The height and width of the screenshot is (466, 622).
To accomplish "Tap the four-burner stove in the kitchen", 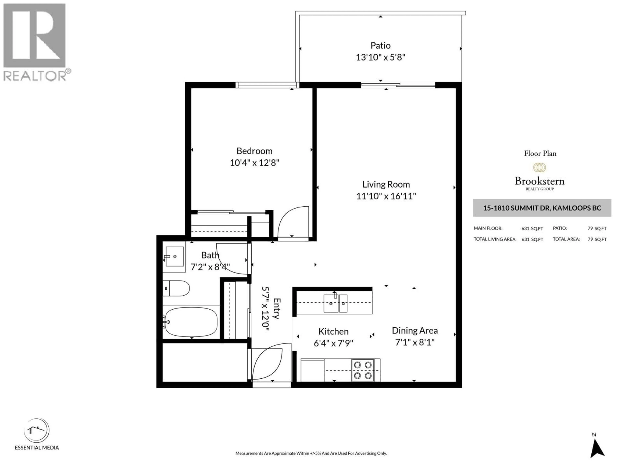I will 363,370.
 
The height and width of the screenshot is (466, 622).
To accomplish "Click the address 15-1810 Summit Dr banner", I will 542,208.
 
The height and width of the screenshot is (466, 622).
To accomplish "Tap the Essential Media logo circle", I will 37,430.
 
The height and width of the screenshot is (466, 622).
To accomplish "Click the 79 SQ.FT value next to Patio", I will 597,228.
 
